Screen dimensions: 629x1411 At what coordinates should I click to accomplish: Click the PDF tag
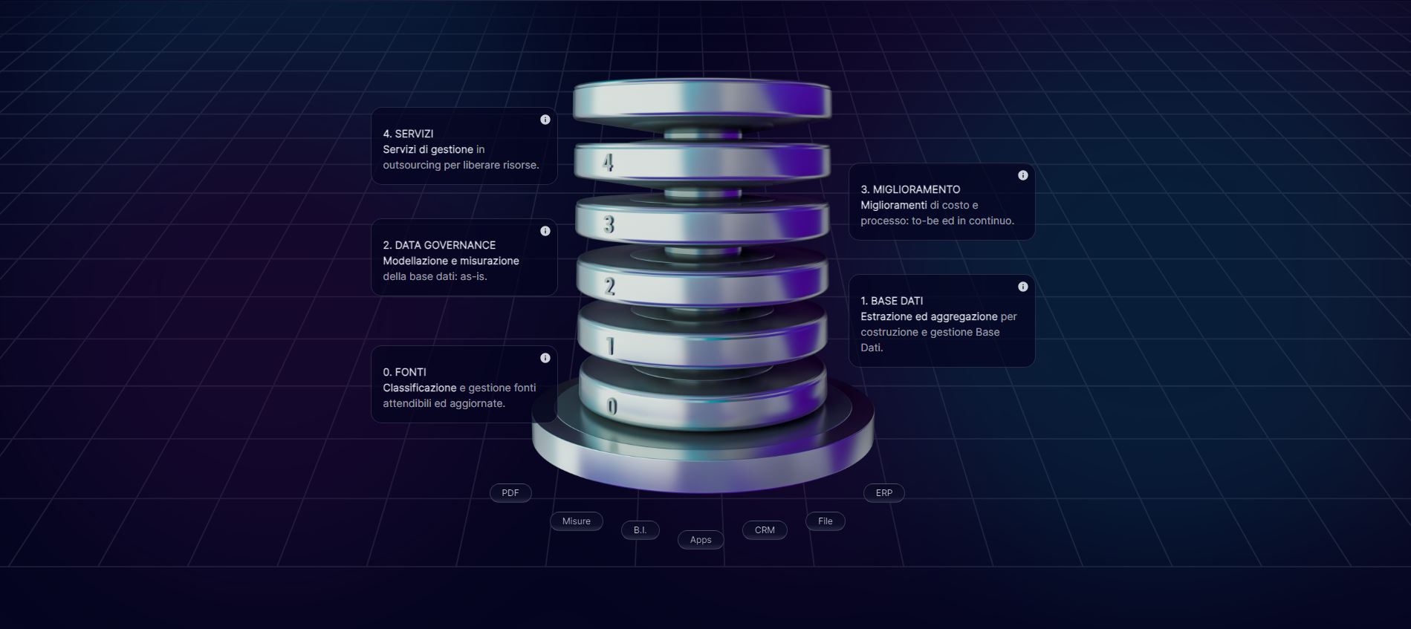click(510, 493)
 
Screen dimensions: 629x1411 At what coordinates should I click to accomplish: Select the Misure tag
click(576, 521)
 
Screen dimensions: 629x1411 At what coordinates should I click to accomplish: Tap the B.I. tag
click(640, 530)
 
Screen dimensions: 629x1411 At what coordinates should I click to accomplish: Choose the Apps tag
click(700, 540)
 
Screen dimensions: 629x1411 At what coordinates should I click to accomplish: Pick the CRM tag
click(765, 530)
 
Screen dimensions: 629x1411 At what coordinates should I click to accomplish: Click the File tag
click(825, 521)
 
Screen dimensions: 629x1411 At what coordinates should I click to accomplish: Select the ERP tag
click(883, 493)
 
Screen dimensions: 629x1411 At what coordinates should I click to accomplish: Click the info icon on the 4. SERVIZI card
click(545, 120)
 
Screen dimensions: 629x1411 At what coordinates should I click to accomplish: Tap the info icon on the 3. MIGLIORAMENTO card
click(1023, 175)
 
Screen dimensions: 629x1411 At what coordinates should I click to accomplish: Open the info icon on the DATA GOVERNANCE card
click(545, 231)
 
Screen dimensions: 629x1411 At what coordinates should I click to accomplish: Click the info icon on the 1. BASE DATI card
click(1023, 287)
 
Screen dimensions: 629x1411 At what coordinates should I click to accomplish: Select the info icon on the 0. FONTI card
click(545, 358)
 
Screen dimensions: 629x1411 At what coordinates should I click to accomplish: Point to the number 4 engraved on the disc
click(609, 163)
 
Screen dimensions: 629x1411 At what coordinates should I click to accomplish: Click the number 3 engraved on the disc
click(609, 224)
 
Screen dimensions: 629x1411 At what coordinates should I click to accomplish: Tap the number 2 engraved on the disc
click(610, 286)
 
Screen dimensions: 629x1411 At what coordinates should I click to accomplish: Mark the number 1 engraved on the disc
click(611, 346)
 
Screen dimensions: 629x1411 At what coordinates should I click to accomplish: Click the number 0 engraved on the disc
click(612, 406)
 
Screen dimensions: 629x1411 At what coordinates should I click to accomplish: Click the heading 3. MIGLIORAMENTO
click(910, 189)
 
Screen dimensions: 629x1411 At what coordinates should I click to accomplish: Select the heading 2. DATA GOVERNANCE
click(439, 245)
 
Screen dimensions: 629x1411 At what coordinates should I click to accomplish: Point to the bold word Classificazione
click(420, 388)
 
